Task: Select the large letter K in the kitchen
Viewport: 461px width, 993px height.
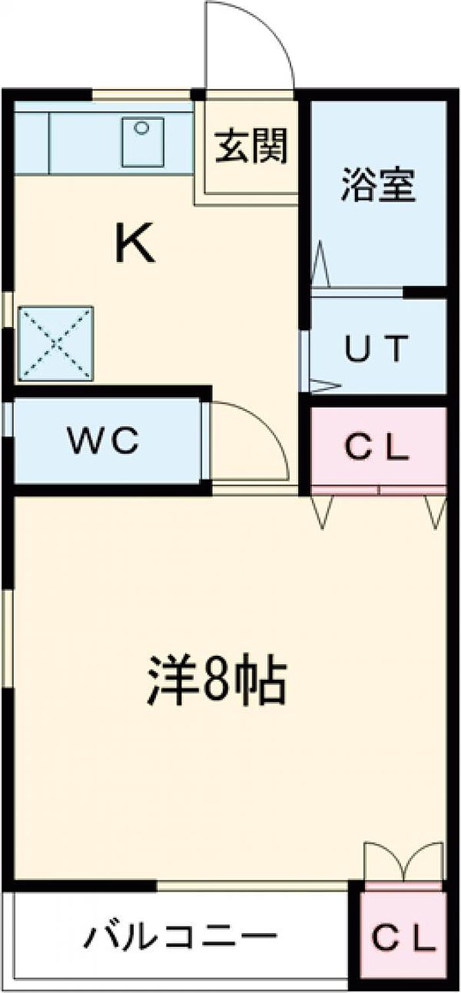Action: pos(135,243)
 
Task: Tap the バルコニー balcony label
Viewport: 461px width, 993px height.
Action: pos(180,936)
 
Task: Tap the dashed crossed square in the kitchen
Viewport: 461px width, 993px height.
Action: pos(55,343)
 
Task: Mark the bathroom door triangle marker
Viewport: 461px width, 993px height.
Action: pos(321,265)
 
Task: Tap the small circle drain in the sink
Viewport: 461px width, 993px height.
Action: pos(140,128)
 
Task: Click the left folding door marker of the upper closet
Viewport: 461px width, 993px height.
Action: pos(322,511)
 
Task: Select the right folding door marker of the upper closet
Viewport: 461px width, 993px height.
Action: pos(435,511)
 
